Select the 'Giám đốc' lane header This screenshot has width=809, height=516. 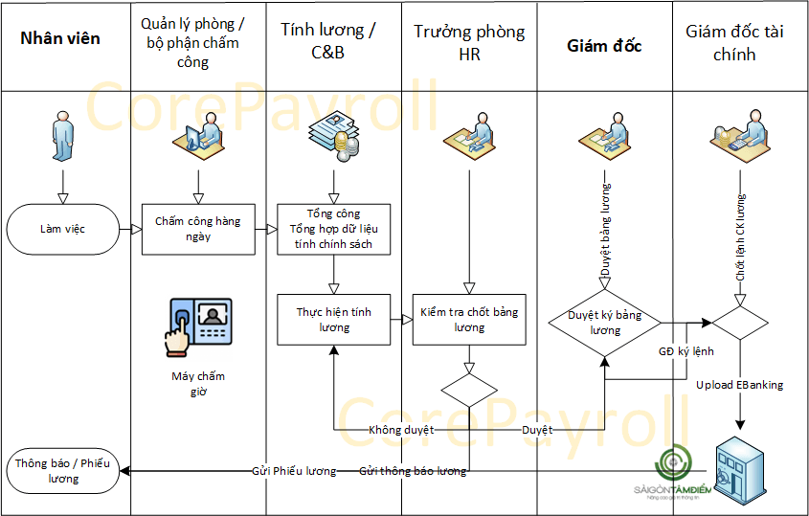[x=604, y=46]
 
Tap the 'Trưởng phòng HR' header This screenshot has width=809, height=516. [x=469, y=43]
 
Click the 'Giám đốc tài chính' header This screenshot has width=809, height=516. [x=734, y=43]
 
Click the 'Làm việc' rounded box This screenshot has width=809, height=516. [x=62, y=230]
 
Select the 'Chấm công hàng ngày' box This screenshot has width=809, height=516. [x=198, y=229]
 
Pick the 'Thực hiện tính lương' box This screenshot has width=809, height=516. [x=334, y=320]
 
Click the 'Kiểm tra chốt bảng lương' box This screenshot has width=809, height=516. [x=469, y=320]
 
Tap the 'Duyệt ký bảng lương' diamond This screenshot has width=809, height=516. [x=605, y=323]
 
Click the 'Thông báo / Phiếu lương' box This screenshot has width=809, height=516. [x=62, y=470]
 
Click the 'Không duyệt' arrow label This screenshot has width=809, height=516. [x=401, y=430]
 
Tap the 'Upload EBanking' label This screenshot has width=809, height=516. [x=739, y=385]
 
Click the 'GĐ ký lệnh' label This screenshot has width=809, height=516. [x=685, y=351]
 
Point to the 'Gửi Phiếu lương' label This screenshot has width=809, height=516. [x=294, y=471]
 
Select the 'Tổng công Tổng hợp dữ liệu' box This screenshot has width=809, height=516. [x=334, y=229]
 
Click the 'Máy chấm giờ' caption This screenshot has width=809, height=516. [x=198, y=383]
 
